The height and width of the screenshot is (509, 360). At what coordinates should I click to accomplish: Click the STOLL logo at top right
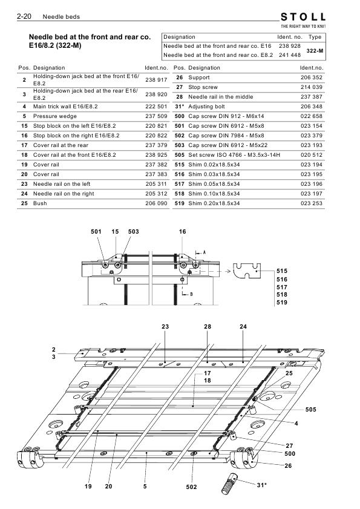point(303,17)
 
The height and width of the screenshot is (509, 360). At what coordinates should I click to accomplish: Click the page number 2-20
point(24,16)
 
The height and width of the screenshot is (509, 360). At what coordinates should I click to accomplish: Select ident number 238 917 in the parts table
point(156,80)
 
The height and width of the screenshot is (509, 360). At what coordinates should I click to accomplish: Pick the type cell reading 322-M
point(315,51)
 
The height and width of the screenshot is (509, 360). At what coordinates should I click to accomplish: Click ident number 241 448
point(290,55)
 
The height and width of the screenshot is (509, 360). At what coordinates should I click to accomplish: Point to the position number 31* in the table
point(180,107)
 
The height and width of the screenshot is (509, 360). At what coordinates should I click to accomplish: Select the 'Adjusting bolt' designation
point(206,107)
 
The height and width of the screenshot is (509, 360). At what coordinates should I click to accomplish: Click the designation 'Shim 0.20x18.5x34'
point(214,203)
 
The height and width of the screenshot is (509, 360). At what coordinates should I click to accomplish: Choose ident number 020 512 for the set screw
point(312,155)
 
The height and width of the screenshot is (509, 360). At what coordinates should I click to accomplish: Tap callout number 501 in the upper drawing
point(96,231)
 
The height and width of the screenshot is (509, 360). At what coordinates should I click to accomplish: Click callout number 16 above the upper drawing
point(183,231)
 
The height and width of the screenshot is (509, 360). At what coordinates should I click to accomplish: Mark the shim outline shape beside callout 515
point(247,271)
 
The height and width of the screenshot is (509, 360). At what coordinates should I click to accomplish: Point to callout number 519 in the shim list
point(282,303)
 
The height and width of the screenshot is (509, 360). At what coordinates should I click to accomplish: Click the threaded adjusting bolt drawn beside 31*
point(229,484)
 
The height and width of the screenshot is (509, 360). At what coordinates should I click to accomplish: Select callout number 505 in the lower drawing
point(310,410)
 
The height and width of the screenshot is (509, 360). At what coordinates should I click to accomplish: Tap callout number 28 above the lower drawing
point(208,327)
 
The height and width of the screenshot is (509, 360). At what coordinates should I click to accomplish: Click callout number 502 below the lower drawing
point(192,487)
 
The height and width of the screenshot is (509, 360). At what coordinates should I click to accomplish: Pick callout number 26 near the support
point(288,466)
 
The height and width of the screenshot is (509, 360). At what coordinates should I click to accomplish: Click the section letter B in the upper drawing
point(191,294)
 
